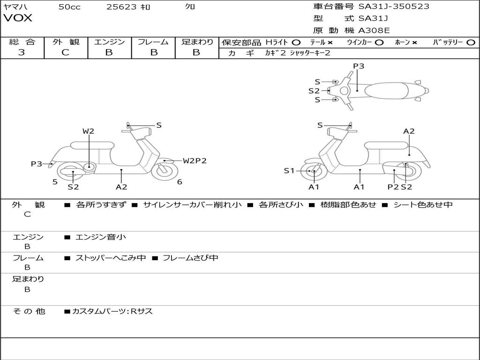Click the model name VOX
click(x=18, y=18)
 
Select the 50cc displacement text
click(x=69, y=7)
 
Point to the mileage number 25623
click(x=121, y=7)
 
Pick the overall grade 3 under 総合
click(x=22, y=52)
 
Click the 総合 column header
click(x=22, y=42)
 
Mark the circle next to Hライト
click(x=296, y=42)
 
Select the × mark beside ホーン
click(x=414, y=42)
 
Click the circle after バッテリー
click(x=471, y=42)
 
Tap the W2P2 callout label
click(x=195, y=161)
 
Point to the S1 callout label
click(x=289, y=171)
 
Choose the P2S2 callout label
click(x=400, y=187)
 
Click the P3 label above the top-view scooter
click(x=359, y=66)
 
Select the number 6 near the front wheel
click(x=180, y=182)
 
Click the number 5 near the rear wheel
click(x=55, y=182)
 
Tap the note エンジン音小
click(x=101, y=237)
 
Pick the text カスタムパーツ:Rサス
click(x=112, y=311)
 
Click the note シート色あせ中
click(x=423, y=204)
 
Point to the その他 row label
click(x=29, y=311)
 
